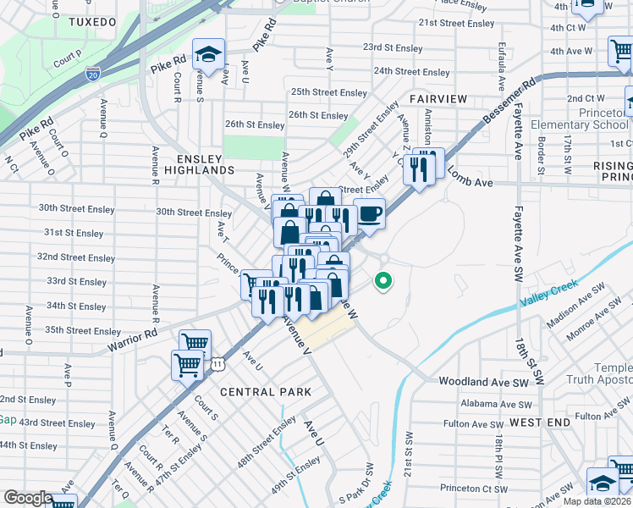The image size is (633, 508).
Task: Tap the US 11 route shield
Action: point(219,363)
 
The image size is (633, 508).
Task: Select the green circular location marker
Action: point(383,280)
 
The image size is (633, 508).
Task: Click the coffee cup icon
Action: point(369,214)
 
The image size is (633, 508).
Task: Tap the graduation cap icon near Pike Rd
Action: point(207,56)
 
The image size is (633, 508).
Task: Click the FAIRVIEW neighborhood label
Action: point(438,99)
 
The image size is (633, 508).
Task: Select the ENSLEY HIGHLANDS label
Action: point(199,165)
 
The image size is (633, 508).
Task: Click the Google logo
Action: point(27,498)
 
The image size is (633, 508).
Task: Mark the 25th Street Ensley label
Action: point(329,92)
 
